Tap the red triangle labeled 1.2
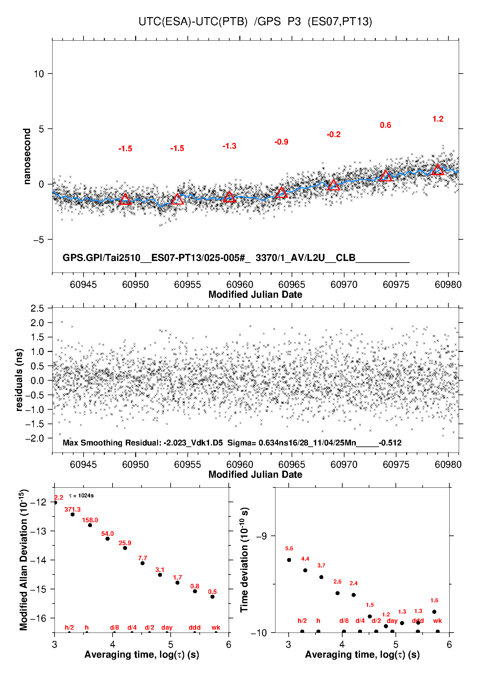pos(438,170)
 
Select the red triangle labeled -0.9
pos(281,193)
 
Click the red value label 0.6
pos(385,125)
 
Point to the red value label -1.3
pos(229,146)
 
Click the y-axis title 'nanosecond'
pos(27,156)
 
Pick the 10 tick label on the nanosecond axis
pos(39,74)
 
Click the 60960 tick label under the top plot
pos(240,285)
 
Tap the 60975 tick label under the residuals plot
pos(396,464)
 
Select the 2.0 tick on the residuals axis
pos(37,323)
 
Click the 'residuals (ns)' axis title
pos(19,380)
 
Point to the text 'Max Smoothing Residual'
pos(112,443)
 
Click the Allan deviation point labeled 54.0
pos(107,539)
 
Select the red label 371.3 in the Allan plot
pos(73,509)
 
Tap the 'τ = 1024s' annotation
pos(81,495)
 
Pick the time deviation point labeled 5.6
pos(289,560)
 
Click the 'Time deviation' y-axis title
pos(244,560)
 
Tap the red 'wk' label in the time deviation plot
pos(437,621)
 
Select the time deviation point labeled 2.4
pos(354,595)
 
